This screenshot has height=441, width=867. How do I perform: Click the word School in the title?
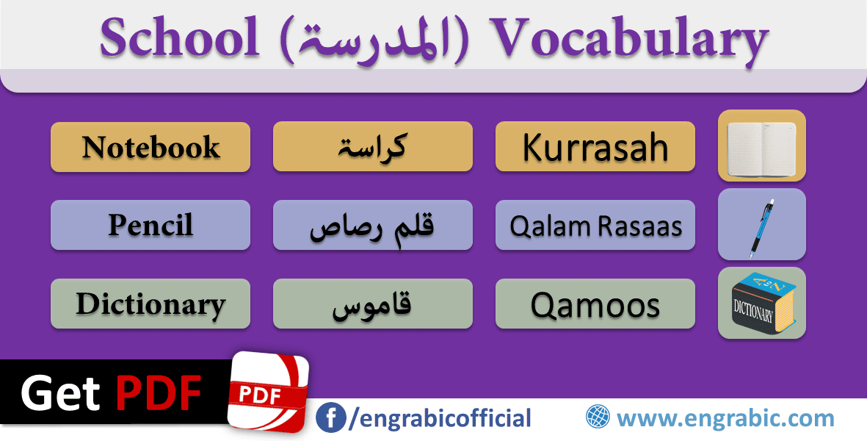pyautogui.click(x=181, y=39)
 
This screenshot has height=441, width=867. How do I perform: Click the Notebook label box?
pyautogui.click(x=150, y=147)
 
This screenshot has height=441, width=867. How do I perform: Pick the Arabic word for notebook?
pyautogui.click(x=372, y=147)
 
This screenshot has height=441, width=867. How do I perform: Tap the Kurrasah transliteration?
pyautogui.click(x=595, y=147)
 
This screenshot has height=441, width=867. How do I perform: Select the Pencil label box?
pyautogui.click(x=150, y=225)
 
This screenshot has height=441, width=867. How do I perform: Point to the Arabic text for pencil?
pyautogui.click(x=372, y=226)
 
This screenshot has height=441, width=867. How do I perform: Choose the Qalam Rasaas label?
pyautogui.click(x=595, y=226)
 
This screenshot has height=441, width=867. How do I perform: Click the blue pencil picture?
pyautogui.click(x=761, y=224)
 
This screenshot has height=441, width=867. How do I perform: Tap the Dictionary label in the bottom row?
pyautogui.click(x=150, y=304)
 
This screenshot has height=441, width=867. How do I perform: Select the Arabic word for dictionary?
pyautogui.click(x=372, y=304)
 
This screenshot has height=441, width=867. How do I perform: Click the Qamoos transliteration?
pyautogui.click(x=595, y=304)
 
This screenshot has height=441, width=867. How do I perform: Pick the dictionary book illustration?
pyautogui.click(x=761, y=303)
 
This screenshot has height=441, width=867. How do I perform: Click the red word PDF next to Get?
pyautogui.click(x=159, y=394)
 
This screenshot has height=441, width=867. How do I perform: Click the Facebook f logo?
pyautogui.click(x=331, y=418)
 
